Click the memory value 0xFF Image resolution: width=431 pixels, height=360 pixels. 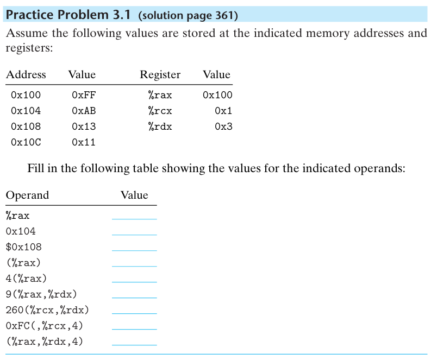coord(84,95)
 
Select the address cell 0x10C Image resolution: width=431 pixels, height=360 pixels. coord(26,142)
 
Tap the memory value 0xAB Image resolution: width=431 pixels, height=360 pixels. coord(84,111)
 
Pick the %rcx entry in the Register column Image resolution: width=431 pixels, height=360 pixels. coord(160,111)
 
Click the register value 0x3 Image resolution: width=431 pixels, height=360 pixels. coord(224,127)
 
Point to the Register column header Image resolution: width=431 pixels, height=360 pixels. coord(160,75)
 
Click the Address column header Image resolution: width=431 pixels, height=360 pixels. coord(26,74)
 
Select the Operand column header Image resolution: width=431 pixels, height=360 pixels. coord(27,195)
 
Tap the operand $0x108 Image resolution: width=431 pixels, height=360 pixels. coord(23,247)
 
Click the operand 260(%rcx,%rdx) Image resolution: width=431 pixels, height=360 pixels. coord(47,310)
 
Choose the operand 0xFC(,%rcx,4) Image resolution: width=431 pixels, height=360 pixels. coord(44,326)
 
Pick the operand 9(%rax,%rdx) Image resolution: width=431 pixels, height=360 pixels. coord(41,294)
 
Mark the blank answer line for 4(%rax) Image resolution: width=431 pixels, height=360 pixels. coord(134,282)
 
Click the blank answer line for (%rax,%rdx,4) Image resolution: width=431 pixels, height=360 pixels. coord(134,345)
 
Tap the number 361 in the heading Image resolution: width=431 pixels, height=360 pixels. coord(224,15)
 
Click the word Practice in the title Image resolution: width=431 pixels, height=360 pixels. coord(30,15)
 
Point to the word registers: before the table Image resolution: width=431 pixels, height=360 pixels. coord(29,48)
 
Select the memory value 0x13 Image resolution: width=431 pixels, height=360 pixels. coord(84,127)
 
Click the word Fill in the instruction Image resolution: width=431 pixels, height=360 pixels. coord(36,168)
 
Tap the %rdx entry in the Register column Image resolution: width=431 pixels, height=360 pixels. coord(160,127)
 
